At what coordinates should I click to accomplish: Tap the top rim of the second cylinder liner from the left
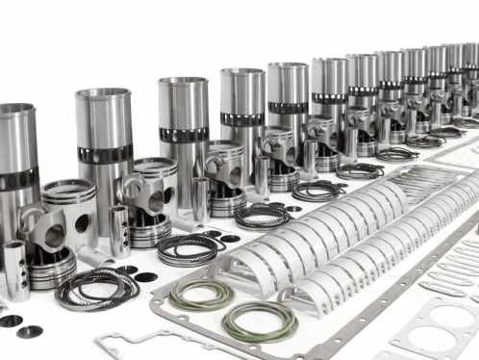pos(103,94)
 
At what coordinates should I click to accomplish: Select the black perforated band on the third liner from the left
pos(183,134)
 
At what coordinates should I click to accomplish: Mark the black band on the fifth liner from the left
pos(288,107)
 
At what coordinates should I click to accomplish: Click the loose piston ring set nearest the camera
pos(96,289)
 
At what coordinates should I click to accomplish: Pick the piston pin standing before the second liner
pos(118,231)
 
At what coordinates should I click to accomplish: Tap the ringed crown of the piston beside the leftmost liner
pos(67,192)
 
